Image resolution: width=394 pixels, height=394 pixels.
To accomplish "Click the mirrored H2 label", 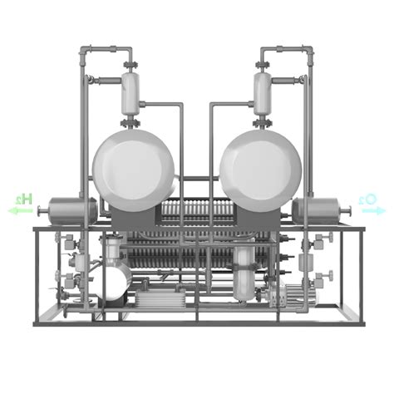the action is coord(24,199).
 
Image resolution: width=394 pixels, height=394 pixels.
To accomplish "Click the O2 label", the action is coord(367,199).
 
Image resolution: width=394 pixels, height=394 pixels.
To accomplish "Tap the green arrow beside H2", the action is coord(21,211).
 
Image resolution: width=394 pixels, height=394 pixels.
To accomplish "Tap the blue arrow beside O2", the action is coord(373,211).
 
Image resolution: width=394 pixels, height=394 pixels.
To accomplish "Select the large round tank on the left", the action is coord(134,170).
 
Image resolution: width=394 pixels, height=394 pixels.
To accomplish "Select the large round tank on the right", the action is coord(260,170).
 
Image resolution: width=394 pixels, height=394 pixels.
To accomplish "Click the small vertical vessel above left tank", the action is coord(131,94).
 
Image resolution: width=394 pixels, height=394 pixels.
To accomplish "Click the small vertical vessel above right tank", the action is coord(263,94).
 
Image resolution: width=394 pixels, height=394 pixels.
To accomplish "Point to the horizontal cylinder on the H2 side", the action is coord(72,211).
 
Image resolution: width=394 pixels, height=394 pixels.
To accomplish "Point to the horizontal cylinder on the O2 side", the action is coord(317,211).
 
